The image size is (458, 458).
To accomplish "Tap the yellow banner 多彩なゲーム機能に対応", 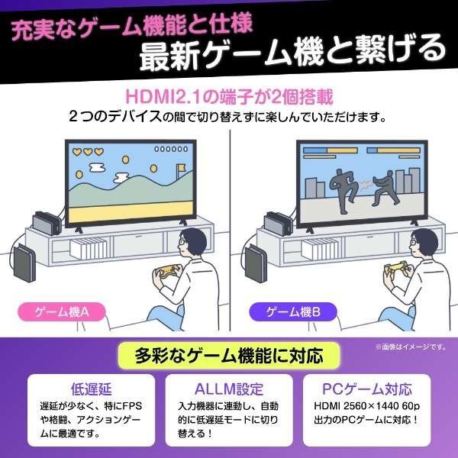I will (x=229, y=355).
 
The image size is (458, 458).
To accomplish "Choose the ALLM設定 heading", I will (x=229, y=389).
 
